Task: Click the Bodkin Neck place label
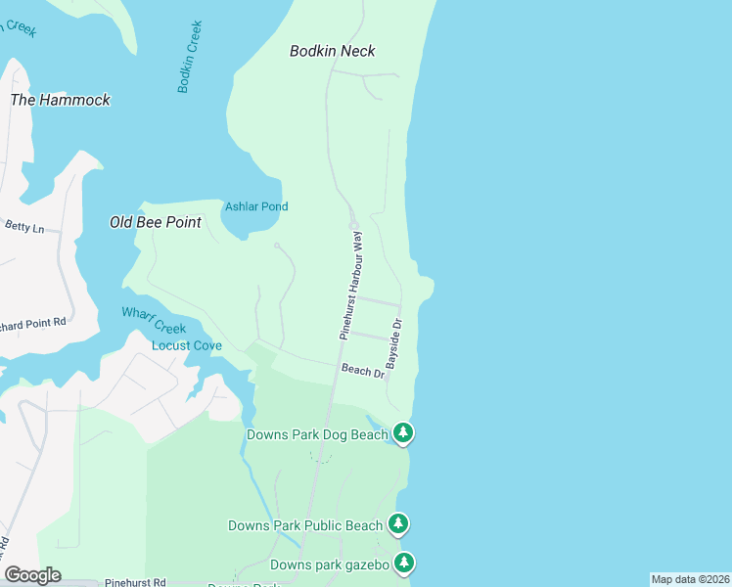pos(332,51)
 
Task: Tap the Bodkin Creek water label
pos(190,58)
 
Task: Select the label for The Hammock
pos(60,100)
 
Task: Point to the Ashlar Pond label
pos(256,206)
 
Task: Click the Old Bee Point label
pos(155,222)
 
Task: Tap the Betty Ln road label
pos(24,228)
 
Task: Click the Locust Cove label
pos(186,345)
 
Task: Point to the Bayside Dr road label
pos(393,342)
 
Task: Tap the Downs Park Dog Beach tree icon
pos(402,431)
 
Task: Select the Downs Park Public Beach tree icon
pos(398,523)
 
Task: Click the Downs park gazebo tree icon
pos(403,563)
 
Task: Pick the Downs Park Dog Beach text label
pos(317,434)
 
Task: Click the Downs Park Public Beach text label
pos(305,525)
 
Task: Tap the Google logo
pos(32,574)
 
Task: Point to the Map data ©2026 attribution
pos(690,579)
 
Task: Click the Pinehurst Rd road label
pos(136,581)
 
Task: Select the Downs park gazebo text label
pos(330,564)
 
